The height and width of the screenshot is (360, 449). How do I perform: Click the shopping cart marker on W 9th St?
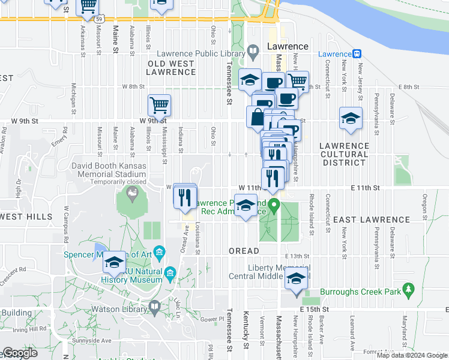coord(159,106)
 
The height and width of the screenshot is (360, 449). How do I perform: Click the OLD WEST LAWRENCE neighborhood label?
coord(172,68)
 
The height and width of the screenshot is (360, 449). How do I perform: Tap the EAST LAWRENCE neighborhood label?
coord(360,220)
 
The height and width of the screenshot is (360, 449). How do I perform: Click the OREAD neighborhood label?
coord(244,250)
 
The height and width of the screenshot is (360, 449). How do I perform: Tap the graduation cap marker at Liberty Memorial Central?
coord(295,278)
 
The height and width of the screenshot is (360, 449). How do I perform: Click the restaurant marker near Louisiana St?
coord(185,196)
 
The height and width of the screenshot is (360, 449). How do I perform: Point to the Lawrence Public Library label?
coord(201,54)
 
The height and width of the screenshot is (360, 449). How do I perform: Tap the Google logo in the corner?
coord(20,353)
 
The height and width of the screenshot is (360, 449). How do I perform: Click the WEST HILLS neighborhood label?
coord(26,216)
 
